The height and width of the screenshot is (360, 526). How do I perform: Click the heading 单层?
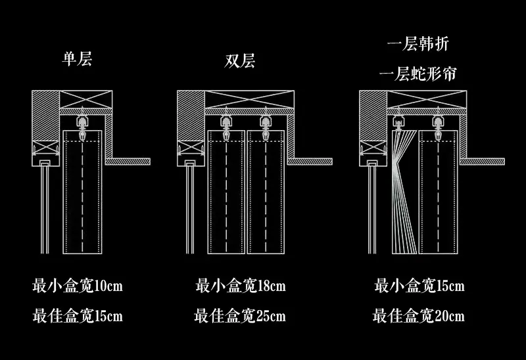pyautogui.click(x=77, y=58)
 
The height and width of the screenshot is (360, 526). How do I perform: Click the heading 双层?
pyautogui.click(x=239, y=60)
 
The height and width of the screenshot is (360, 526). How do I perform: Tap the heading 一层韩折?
pyautogui.click(x=418, y=43)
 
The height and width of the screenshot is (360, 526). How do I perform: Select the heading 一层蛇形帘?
pyautogui.click(x=418, y=74)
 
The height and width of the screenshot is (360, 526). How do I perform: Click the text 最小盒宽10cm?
pyautogui.click(x=78, y=286)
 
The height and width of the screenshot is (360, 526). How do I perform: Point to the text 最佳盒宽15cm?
pyautogui.click(x=78, y=315)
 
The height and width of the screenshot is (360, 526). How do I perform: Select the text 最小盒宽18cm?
pyautogui.click(x=241, y=286)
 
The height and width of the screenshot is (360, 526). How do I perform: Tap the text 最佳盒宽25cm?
pyautogui.click(x=240, y=315)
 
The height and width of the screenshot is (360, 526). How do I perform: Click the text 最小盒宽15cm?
pyautogui.click(x=419, y=286)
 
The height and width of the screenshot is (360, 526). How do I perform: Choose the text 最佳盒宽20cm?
pyautogui.click(x=419, y=315)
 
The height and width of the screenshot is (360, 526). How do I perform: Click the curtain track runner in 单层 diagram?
pyautogui.click(x=82, y=125)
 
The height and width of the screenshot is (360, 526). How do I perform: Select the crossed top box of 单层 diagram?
pyautogui.click(x=86, y=99)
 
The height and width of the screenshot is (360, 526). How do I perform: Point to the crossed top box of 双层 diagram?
pyautogui.click(x=249, y=99)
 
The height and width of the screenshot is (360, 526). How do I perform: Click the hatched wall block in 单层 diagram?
pyautogui.click(x=45, y=116)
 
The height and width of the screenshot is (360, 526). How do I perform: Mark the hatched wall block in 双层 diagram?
pyautogui.click(x=191, y=116)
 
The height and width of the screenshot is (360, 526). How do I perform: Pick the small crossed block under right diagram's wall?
pyautogui.click(x=373, y=148)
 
